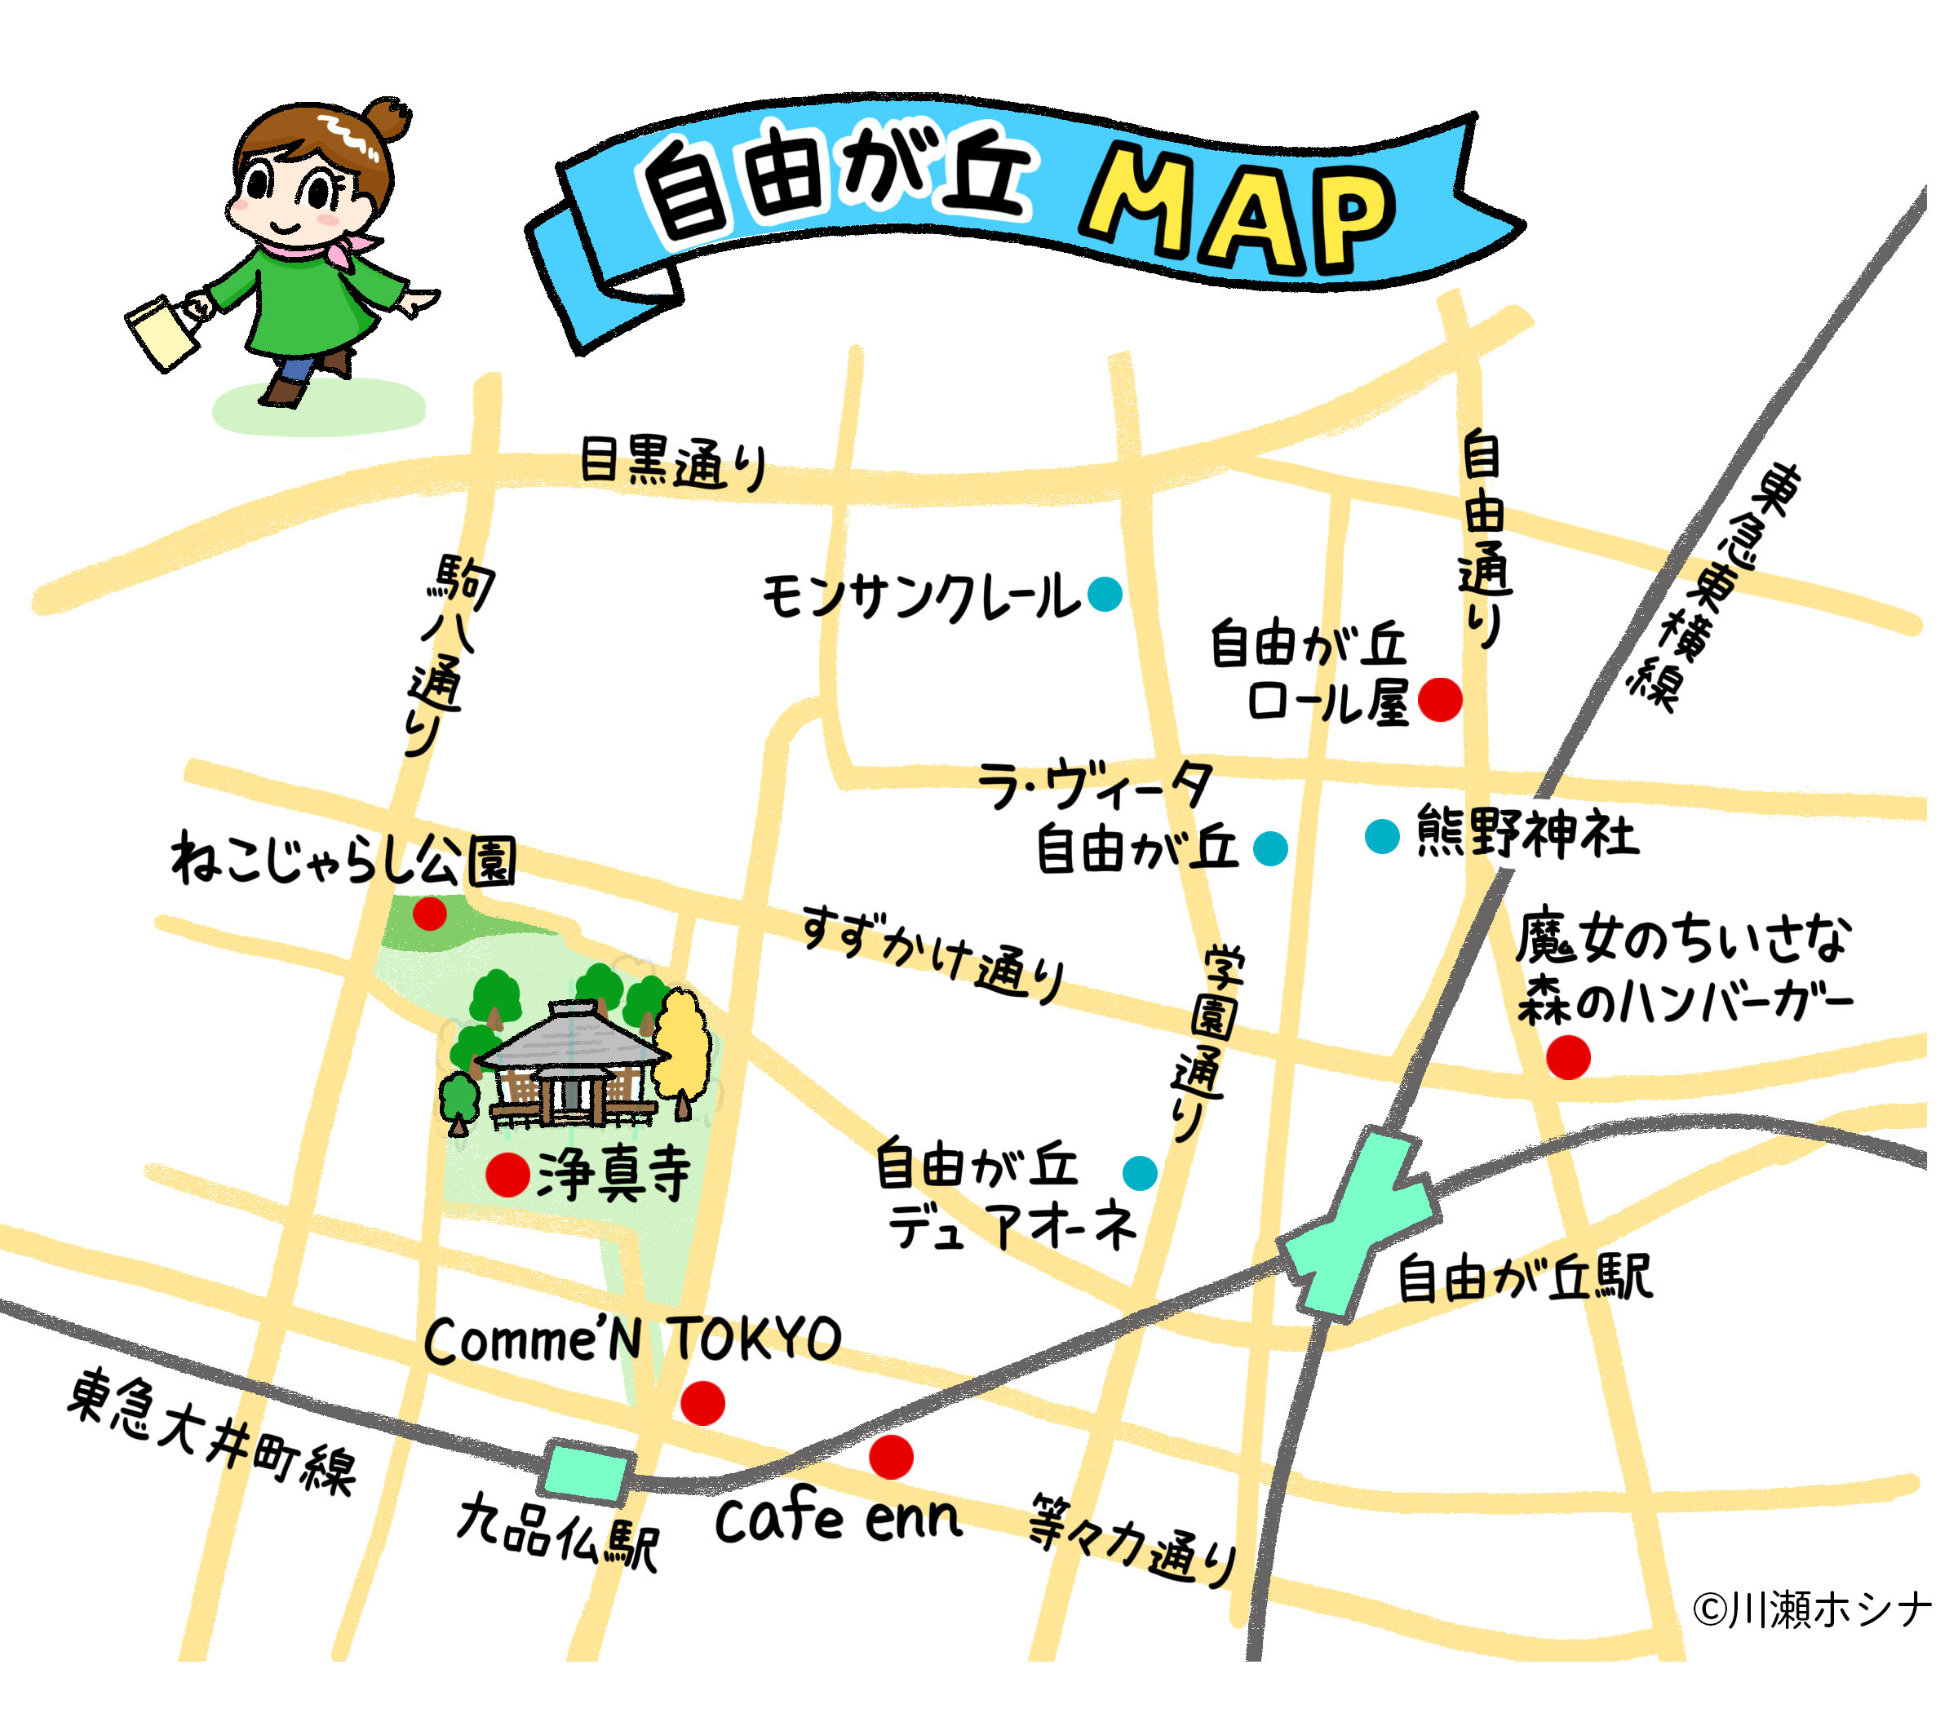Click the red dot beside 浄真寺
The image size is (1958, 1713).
[x=507, y=1174]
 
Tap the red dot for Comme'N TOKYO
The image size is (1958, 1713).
[x=702, y=1402]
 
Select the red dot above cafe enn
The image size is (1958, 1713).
[x=890, y=1457]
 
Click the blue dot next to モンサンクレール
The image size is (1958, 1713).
[x=1105, y=594]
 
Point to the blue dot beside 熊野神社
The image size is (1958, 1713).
[x=1381, y=836]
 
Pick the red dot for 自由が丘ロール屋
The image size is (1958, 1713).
[x=1440, y=699]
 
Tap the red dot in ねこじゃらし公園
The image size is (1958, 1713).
[x=429, y=914]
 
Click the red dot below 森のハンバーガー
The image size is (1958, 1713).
[x=1568, y=1057]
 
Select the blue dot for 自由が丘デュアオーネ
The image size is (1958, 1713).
[x=1140, y=1173]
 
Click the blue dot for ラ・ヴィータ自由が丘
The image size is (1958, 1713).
[x=1269, y=848]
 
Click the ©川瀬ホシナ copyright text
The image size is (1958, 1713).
[x=1812, y=1609]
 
